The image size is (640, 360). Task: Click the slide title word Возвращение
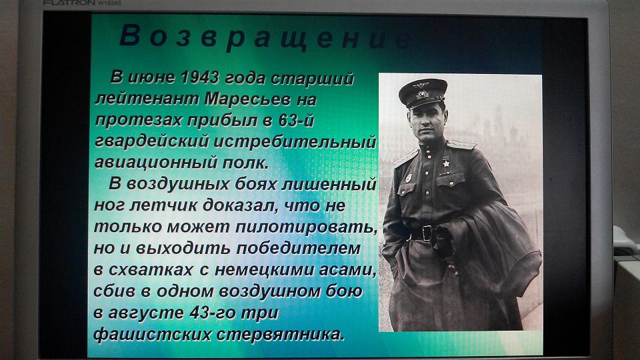point(266,37)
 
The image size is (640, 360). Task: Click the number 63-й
point(296,121)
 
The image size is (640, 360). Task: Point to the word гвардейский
point(152,141)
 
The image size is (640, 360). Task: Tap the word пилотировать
point(307,227)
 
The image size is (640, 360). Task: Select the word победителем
point(299,248)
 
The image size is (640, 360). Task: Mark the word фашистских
point(152,334)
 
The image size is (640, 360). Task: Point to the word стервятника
point(281,334)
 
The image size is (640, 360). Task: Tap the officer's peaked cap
point(423,93)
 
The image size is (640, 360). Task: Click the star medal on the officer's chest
point(446,162)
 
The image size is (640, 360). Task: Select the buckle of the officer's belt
point(427,233)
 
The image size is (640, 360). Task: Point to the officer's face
point(426,121)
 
